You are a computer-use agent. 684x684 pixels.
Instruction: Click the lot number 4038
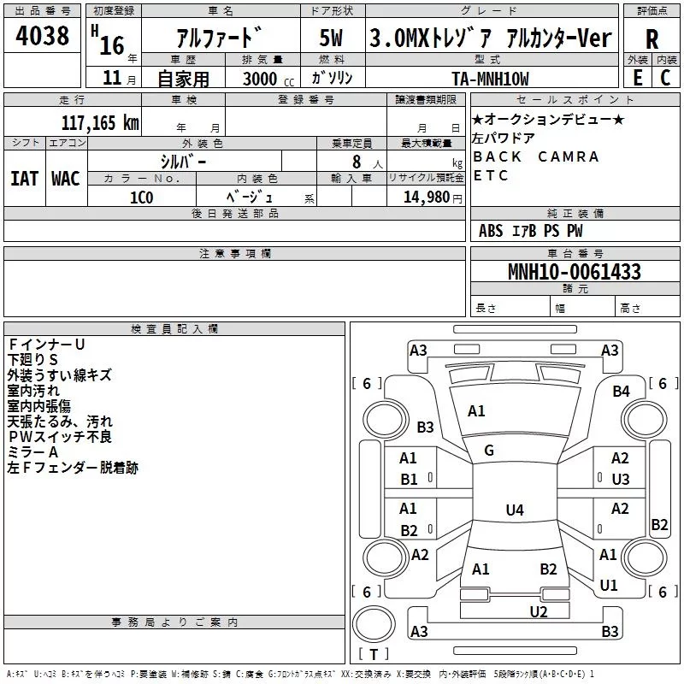[44, 37]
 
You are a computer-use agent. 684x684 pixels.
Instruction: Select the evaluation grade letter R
[652, 39]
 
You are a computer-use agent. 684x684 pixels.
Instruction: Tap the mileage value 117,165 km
[100, 122]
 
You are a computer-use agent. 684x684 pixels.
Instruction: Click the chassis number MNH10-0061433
[574, 272]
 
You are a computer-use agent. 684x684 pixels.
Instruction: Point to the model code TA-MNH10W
[490, 79]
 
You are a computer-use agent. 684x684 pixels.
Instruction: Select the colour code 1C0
[141, 198]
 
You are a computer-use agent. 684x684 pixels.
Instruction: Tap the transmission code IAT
[24, 178]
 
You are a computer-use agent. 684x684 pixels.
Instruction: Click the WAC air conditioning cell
[65, 178]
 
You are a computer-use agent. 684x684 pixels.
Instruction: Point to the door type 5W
[333, 38]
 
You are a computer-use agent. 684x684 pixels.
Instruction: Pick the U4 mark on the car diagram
[514, 510]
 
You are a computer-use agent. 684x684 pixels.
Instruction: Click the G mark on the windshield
[489, 451]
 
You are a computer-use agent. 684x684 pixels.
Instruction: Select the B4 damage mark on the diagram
[621, 392]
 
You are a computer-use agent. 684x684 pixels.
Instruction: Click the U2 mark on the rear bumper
[538, 611]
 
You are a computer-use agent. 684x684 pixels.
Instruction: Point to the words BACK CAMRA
[536, 157]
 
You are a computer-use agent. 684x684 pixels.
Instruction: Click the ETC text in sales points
[491, 176]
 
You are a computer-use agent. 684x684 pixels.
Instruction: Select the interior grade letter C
[665, 77]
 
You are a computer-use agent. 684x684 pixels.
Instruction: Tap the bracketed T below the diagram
[373, 655]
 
